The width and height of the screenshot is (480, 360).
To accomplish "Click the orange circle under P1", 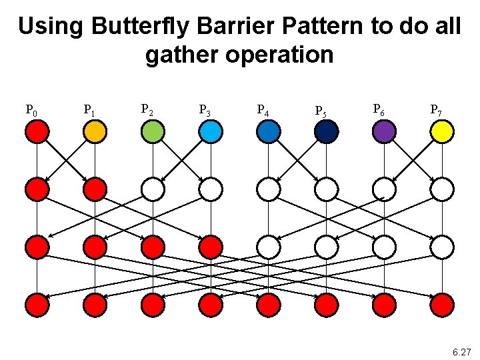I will click(x=95, y=132).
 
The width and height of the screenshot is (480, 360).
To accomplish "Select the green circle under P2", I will click(x=153, y=132).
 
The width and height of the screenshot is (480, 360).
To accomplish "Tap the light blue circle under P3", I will click(x=211, y=132).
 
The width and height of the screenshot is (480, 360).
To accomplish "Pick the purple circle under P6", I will click(x=384, y=132).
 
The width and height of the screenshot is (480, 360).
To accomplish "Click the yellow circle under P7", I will click(x=442, y=132).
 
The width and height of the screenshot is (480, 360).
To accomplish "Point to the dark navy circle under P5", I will click(x=326, y=132).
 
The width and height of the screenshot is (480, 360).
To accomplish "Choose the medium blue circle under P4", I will click(x=268, y=132).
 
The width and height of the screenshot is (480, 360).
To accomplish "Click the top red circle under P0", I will click(x=37, y=132).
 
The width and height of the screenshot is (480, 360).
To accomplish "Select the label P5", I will click(x=321, y=111).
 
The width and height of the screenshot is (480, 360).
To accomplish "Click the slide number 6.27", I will click(x=461, y=351).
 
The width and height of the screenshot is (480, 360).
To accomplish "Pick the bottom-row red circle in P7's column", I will click(x=442, y=305).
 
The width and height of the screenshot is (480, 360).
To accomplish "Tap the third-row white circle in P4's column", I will click(x=268, y=247).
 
